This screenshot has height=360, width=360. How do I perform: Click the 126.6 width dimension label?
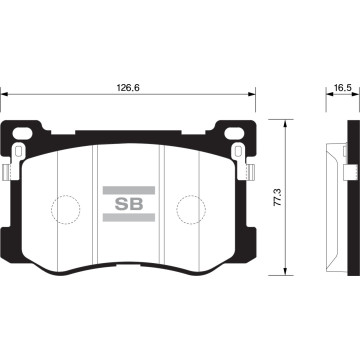[x=128, y=88]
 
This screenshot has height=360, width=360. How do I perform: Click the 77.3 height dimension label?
[x=278, y=197]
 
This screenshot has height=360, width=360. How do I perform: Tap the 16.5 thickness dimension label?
[x=343, y=88]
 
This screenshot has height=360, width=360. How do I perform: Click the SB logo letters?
[x=129, y=204]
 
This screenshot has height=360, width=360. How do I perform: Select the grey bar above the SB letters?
[x=129, y=190]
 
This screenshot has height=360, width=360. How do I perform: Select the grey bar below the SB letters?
[x=129, y=218]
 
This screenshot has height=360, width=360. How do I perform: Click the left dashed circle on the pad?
[x=66, y=209]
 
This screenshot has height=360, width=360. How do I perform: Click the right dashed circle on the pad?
[x=191, y=209]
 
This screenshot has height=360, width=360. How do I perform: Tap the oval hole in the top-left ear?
[x=22, y=133]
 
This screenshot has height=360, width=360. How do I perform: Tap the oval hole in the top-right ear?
[x=235, y=133]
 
